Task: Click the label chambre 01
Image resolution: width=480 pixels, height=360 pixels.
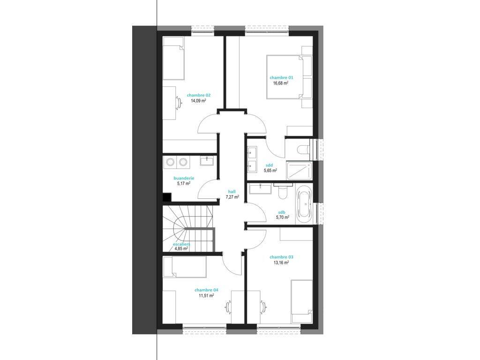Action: point(281,77)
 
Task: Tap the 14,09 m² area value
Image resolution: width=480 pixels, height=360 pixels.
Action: point(198,100)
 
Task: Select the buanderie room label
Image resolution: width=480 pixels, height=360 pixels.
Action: point(184,178)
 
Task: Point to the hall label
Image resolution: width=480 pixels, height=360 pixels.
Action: point(232,192)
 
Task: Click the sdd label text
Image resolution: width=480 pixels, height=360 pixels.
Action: point(270,165)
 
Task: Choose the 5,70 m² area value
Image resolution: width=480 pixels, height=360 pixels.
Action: point(283,217)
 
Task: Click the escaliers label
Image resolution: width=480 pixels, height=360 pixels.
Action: point(181,244)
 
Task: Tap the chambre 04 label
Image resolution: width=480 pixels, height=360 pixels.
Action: point(206,290)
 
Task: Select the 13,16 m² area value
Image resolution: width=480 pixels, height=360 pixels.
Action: point(281,262)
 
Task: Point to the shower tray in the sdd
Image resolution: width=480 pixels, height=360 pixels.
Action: point(300,171)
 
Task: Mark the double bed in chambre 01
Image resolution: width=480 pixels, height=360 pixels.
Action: point(283,77)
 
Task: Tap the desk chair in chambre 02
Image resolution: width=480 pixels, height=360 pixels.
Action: point(178,102)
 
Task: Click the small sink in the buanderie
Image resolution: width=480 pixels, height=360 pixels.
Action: point(208,160)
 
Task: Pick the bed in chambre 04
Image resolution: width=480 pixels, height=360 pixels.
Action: point(184,266)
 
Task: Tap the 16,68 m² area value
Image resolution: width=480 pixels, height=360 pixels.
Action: point(281,82)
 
